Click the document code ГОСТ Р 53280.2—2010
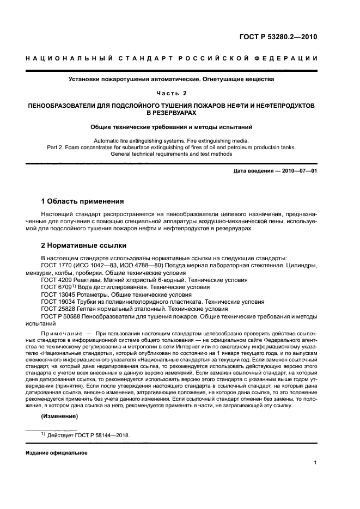coord(278,37)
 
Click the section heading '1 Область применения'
coord(82,201)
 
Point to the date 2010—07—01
coord(299,171)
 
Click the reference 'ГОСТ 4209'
coord(56,280)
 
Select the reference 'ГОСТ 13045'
coord(57,294)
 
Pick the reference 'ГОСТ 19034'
coord(57,301)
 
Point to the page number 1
coord(315,463)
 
